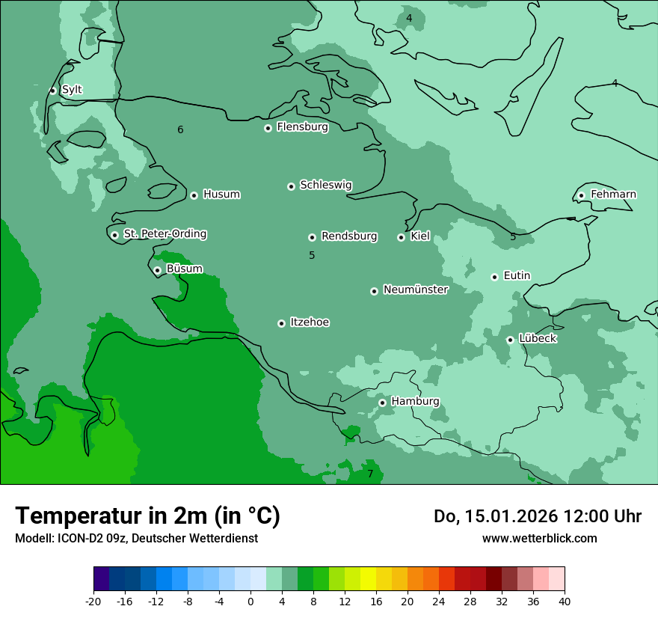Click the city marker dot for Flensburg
point(268,128)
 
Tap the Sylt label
point(72,90)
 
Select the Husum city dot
point(194,195)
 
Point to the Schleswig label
point(326,185)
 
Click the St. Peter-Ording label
point(165,234)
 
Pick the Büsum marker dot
point(157,270)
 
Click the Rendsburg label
point(349,236)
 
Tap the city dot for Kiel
point(401,237)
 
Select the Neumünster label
point(416,290)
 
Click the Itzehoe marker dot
point(281,323)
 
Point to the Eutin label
point(517,276)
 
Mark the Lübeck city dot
point(510,340)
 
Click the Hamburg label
point(416,402)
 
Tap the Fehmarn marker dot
point(581,196)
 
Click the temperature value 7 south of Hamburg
point(369,474)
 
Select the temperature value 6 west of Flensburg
point(180,130)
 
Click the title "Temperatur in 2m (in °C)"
point(148,516)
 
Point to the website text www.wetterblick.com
point(540,538)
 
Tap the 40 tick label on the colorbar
point(564,601)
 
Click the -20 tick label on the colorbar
point(93,601)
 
